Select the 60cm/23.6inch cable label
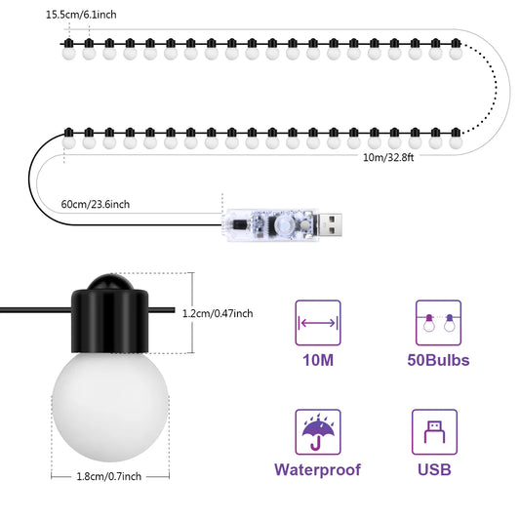96,204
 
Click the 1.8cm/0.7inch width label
108,475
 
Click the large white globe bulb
108,401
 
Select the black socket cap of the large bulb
108,321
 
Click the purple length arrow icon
317,322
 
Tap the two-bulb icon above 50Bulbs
438,322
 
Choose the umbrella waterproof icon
317,431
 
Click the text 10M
317,361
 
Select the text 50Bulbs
438,361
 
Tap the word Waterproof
317,470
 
